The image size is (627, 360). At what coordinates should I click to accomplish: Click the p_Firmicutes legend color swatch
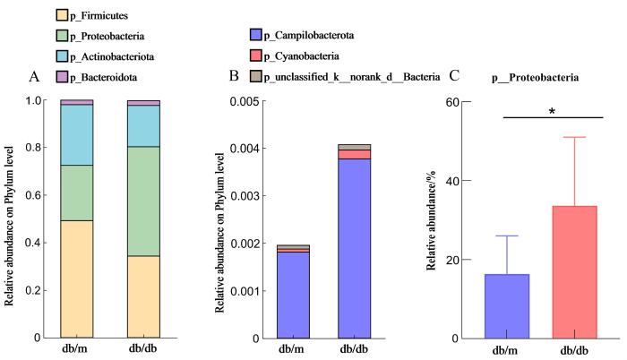[38, 15]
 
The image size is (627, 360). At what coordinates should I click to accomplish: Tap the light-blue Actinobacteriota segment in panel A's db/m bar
[77, 135]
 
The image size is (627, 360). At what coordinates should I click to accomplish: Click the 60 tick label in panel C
[465, 101]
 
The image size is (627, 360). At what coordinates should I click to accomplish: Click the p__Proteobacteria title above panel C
[535, 79]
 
